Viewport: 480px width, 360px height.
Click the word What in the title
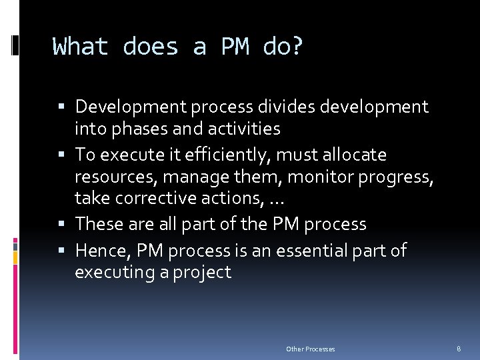pos(80,47)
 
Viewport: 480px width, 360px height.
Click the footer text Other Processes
pos(311,349)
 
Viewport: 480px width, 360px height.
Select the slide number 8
pos(459,349)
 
